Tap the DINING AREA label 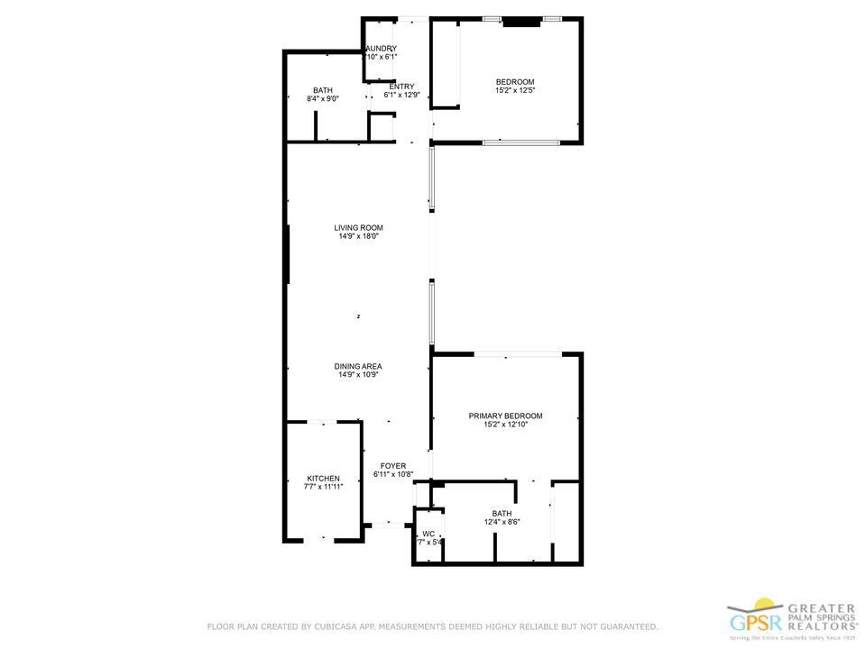pyautogui.click(x=358, y=366)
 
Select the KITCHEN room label pyautogui.click(x=323, y=478)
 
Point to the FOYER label pyautogui.click(x=392, y=465)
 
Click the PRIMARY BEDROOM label pyautogui.click(x=505, y=416)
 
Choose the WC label pyautogui.click(x=428, y=534)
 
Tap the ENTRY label pyautogui.click(x=401, y=87)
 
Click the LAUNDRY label pyautogui.click(x=381, y=49)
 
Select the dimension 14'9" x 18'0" pyautogui.click(x=358, y=237)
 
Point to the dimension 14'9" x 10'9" pyautogui.click(x=358, y=375)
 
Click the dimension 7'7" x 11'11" pyautogui.click(x=323, y=487)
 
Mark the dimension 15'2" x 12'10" pyautogui.click(x=505, y=425)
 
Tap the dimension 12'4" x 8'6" pyautogui.click(x=502, y=522)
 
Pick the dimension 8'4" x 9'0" pyautogui.click(x=322, y=99)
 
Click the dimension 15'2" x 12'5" pyautogui.click(x=515, y=90)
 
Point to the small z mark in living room pyautogui.click(x=358, y=316)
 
